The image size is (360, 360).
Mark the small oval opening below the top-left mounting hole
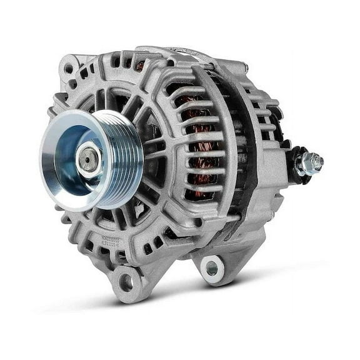pyautogui.click(x=73, y=83)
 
